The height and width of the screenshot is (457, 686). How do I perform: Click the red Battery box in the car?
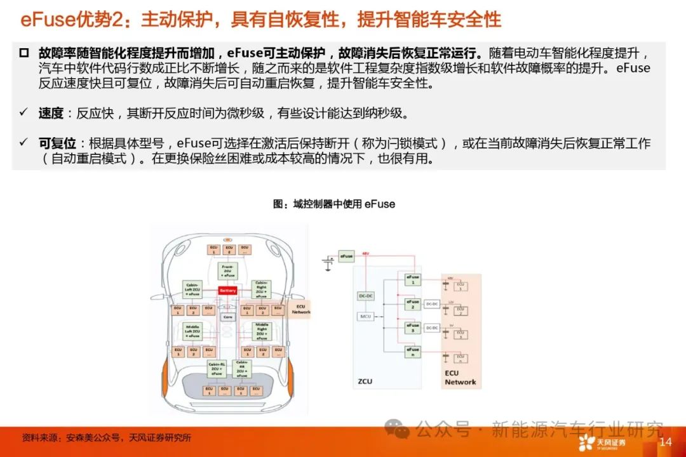coord(227,291)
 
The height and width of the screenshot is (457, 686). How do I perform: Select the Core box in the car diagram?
coord(227,315)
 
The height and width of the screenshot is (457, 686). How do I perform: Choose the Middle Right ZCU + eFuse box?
coord(262,331)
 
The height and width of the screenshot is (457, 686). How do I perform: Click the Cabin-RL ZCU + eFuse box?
coord(216,368)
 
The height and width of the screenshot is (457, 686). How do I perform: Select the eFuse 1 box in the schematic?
coord(413,279)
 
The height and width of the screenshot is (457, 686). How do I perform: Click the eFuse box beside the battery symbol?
coord(346,256)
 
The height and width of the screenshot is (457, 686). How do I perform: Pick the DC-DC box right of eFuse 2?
coord(433,304)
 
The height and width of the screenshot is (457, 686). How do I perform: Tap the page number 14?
coord(666,442)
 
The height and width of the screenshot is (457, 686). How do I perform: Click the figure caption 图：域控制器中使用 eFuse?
coord(333,204)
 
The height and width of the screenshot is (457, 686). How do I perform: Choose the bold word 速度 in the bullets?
coord(51,114)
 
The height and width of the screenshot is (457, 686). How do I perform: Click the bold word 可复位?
coord(57,143)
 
